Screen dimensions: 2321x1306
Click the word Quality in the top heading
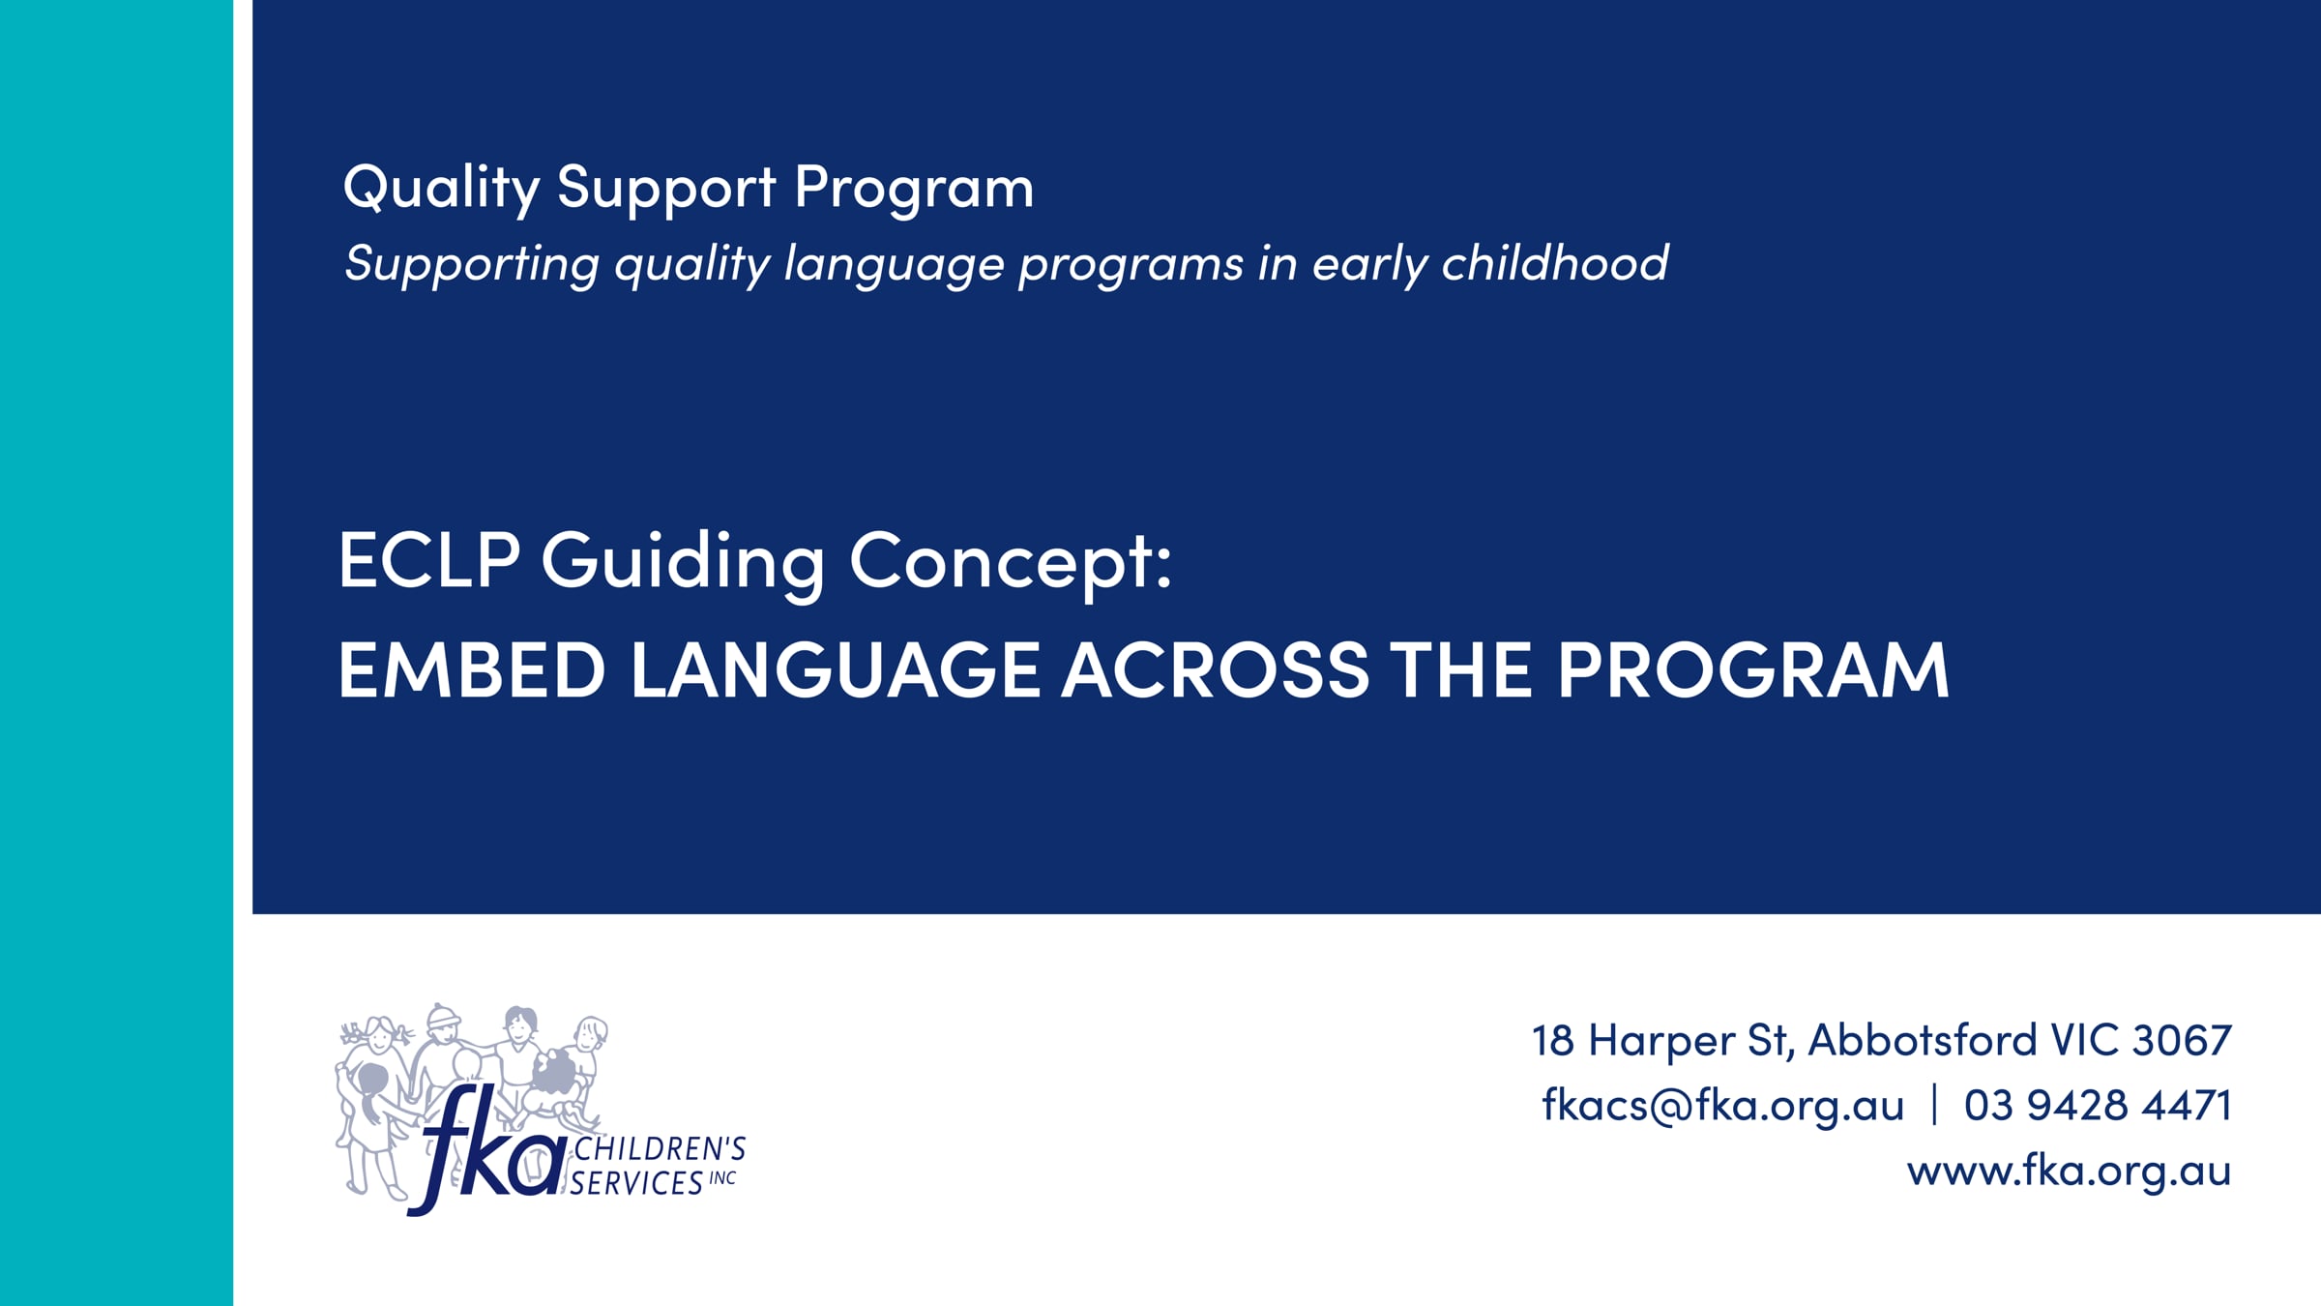[441, 188]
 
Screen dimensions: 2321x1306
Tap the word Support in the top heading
[666, 189]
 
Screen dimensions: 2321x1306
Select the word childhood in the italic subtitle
[1555, 262]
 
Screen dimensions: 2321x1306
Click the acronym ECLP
[429, 560]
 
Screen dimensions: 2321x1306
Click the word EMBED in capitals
[472, 669]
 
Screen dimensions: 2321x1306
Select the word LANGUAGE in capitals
[836, 669]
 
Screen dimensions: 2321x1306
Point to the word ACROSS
[1216, 669]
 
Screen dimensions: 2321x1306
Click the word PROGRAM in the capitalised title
[1752, 669]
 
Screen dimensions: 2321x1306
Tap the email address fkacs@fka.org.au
[1722, 1106]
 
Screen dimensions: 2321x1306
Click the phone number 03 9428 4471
[2098, 1106]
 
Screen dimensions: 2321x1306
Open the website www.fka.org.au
[2069, 1172]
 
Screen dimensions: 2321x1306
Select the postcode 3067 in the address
[2182, 1041]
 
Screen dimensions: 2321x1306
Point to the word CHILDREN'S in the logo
[660, 1149]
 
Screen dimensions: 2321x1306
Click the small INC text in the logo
[722, 1178]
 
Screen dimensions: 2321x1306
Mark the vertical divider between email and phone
[1934, 1105]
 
